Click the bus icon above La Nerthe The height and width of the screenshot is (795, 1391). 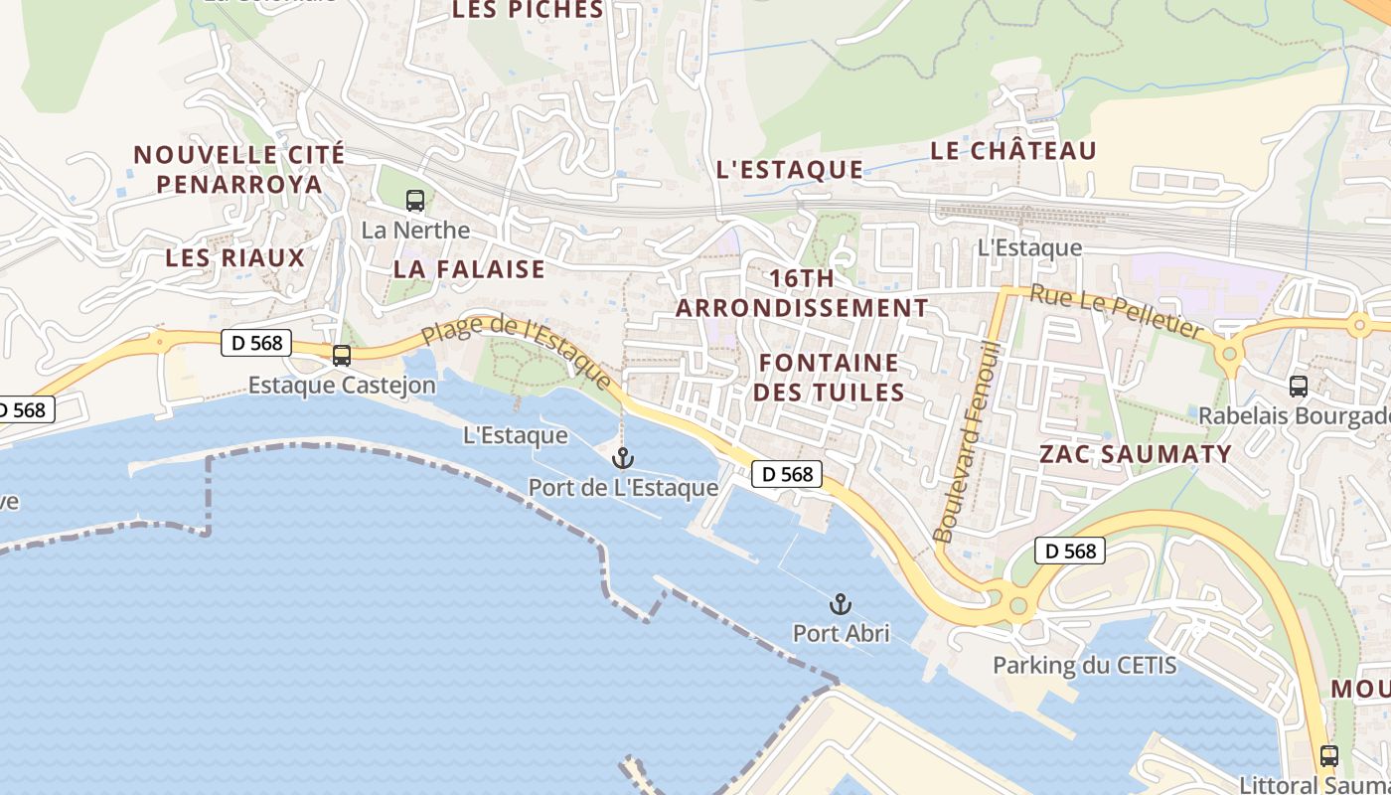click(x=415, y=201)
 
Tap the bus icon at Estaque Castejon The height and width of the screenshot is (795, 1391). click(x=342, y=355)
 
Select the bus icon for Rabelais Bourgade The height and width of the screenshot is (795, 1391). click(x=1298, y=387)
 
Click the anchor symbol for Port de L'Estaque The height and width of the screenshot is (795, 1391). click(x=623, y=458)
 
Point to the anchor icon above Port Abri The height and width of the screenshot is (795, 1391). click(x=841, y=603)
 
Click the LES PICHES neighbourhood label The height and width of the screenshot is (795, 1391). click(x=528, y=10)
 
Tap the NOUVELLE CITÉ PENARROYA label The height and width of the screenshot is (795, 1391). click(x=239, y=169)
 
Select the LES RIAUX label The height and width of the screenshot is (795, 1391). click(x=235, y=257)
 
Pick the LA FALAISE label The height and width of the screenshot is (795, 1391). click(x=469, y=268)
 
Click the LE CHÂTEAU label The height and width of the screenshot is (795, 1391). click(x=1013, y=151)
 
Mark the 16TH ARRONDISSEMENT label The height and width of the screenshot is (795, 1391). click(x=802, y=293)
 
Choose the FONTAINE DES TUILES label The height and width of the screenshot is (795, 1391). click(x=829, y=377)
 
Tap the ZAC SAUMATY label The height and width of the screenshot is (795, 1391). click(x=1135, y=454)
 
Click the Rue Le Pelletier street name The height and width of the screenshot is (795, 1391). click(x=1116, y=309)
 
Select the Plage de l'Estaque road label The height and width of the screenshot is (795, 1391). click(x=517, y=351)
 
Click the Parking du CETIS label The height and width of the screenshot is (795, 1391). click(x=1085, y=665)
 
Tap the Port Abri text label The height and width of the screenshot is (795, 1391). click(x=841, y=632)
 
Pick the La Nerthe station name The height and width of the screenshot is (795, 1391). click(x=415, y=230)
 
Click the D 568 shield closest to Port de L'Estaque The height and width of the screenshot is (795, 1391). click(x=788, y=474)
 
